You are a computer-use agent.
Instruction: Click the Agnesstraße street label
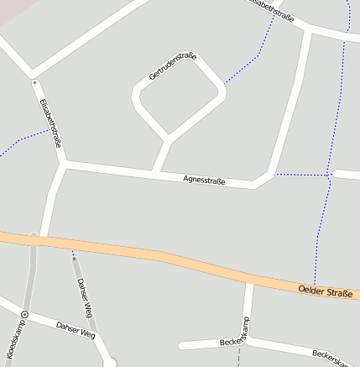(x=204, y=179)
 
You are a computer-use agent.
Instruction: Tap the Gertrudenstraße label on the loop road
(x=172, y=66)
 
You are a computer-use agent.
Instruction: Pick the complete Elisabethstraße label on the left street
(x=50, y=123)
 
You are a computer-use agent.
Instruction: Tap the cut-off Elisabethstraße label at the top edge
(x=269, y=10)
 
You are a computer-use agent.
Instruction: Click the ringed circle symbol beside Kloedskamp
(x=24, y=314)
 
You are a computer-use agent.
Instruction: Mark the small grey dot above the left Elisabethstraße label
(x=34, y=82)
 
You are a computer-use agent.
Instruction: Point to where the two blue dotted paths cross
(x=326, y=175)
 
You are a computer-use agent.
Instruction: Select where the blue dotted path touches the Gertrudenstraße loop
(x=224, y=85)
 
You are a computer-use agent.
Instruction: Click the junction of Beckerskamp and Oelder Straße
(x=249, y=280)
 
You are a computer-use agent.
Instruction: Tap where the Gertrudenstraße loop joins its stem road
(x=169, y=137)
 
